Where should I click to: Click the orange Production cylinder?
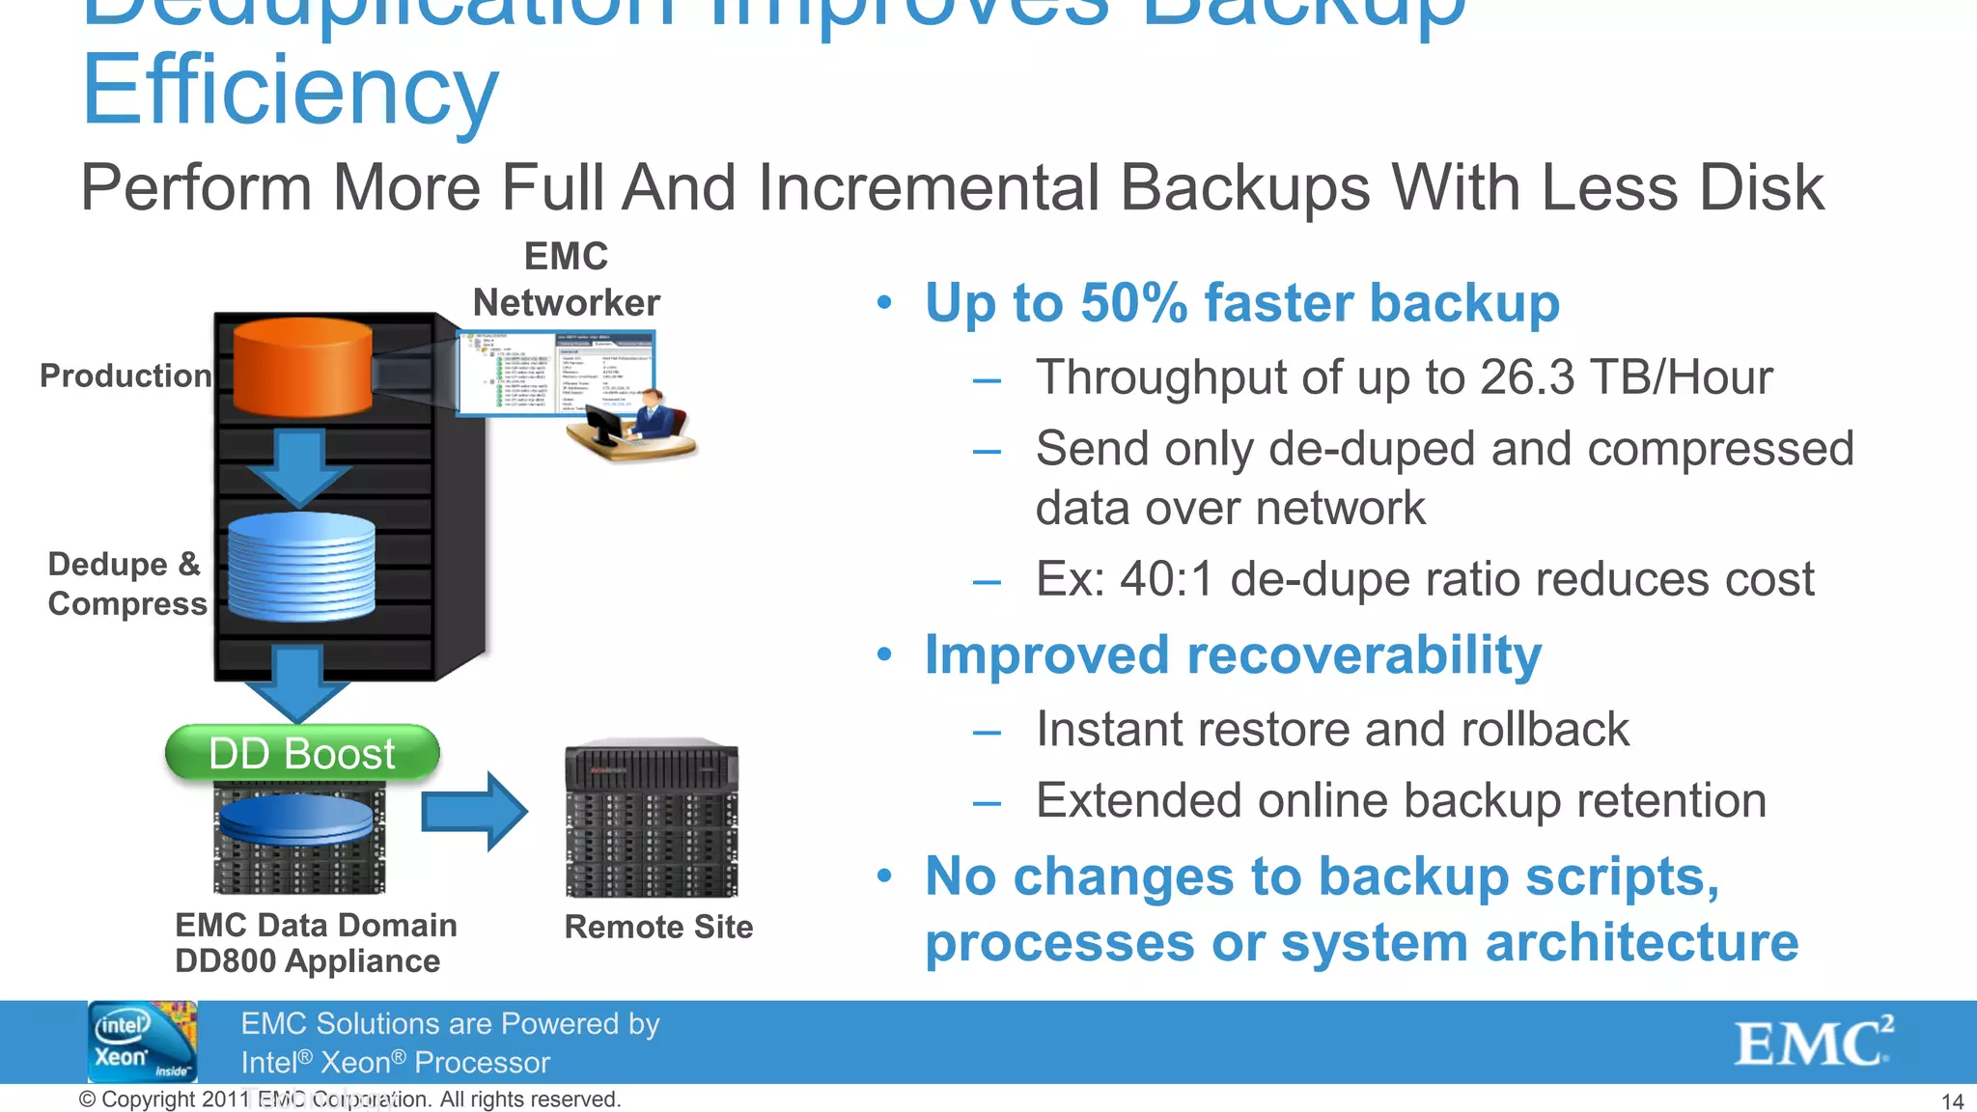[302, 367]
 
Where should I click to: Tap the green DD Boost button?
[302, 753]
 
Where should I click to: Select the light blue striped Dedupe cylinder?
[301, 567]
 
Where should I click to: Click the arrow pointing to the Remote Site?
[475, 811]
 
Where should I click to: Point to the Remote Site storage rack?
[652, 819]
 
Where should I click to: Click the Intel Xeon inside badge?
[142, 1042]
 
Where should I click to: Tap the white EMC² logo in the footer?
[1813, 1042]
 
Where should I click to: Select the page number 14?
[1952, 1101]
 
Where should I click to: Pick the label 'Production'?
[125, 375]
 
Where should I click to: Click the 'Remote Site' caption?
[658, 927]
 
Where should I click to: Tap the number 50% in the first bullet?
[1133, 303]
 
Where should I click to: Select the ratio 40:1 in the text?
[1165, 579]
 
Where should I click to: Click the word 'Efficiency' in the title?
[291, 91]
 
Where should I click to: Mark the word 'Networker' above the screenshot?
[567, 303]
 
